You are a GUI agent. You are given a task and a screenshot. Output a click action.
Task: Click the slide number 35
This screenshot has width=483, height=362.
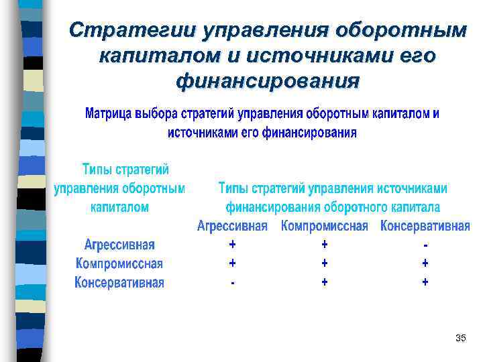point(460,338)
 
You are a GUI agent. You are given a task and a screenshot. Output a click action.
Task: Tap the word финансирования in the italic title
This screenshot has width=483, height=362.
point(267,82)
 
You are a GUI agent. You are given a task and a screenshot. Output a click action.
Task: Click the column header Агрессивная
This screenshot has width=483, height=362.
point(232,226)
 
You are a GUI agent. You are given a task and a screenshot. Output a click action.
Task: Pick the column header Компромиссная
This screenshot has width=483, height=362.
point(325,226)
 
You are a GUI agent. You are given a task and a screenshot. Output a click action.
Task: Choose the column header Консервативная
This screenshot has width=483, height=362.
point(425,226)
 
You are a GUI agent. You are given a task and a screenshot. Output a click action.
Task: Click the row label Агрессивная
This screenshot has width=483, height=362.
point(119,244)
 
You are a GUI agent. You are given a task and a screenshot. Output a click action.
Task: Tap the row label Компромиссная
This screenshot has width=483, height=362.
point(119,263)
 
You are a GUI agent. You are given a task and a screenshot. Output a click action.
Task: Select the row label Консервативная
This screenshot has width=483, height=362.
point(119,282)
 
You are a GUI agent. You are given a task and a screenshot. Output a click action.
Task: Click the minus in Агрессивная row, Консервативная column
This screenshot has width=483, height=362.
point(425,244)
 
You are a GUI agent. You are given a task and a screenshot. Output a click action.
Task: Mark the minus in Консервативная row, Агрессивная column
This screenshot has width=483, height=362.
point(233,283)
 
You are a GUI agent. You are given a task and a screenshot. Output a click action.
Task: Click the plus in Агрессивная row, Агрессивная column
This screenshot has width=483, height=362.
point(233,244)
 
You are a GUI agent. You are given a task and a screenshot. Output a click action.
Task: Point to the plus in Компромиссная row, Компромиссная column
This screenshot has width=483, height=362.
point(325,263)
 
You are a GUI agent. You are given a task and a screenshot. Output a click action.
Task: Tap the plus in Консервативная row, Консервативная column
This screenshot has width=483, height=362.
point(425,282)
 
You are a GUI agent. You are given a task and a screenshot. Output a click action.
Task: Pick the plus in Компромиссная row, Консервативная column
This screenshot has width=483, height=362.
point(425,263)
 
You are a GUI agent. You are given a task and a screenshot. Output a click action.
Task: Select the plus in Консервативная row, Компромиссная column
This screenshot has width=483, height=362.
point(325,282)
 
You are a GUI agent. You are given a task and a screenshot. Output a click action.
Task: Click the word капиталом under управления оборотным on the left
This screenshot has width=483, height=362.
point(119,207)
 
